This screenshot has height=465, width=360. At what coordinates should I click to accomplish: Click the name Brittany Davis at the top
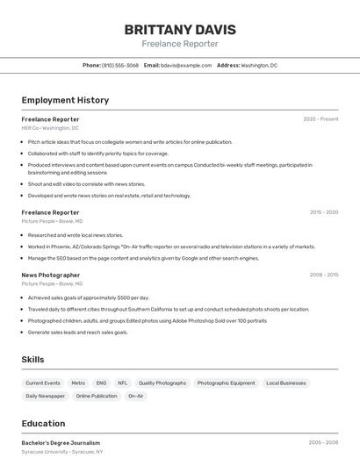pos(180,29)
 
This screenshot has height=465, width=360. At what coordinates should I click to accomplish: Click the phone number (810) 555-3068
pos(119,65)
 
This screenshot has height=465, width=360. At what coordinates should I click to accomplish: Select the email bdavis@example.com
pos(188,65)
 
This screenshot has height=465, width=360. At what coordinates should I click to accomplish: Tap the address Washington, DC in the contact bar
pos(259,65)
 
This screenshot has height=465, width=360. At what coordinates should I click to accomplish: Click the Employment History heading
pos(65,100)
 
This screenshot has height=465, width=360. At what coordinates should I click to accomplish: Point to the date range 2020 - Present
pos(320,119)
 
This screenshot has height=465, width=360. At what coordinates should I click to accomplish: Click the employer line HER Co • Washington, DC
pos(50,128)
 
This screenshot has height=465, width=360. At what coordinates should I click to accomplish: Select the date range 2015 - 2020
pos(324,212)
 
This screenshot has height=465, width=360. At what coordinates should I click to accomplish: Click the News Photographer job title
pos(51,275)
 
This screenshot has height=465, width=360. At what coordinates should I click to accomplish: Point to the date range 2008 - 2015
pos(324,275)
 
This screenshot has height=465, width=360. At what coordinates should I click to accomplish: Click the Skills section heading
pos(33,360)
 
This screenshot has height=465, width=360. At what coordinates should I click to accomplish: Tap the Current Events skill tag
pos(43,383)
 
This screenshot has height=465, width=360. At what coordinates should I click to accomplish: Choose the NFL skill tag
pos(122,383)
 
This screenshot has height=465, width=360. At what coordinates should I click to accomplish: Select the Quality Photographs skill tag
pos(162,383)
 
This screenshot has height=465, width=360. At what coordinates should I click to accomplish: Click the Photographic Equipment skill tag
pos(226,383)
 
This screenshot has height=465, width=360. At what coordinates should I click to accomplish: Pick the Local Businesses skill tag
pos(286,383)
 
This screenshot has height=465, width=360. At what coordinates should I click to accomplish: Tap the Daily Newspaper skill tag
pos(46,397)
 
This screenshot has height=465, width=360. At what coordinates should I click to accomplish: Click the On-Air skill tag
pos(135,397)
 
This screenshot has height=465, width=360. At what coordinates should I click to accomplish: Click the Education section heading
pos(43,423)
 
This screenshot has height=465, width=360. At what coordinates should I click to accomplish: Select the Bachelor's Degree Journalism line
pos(61,443)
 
